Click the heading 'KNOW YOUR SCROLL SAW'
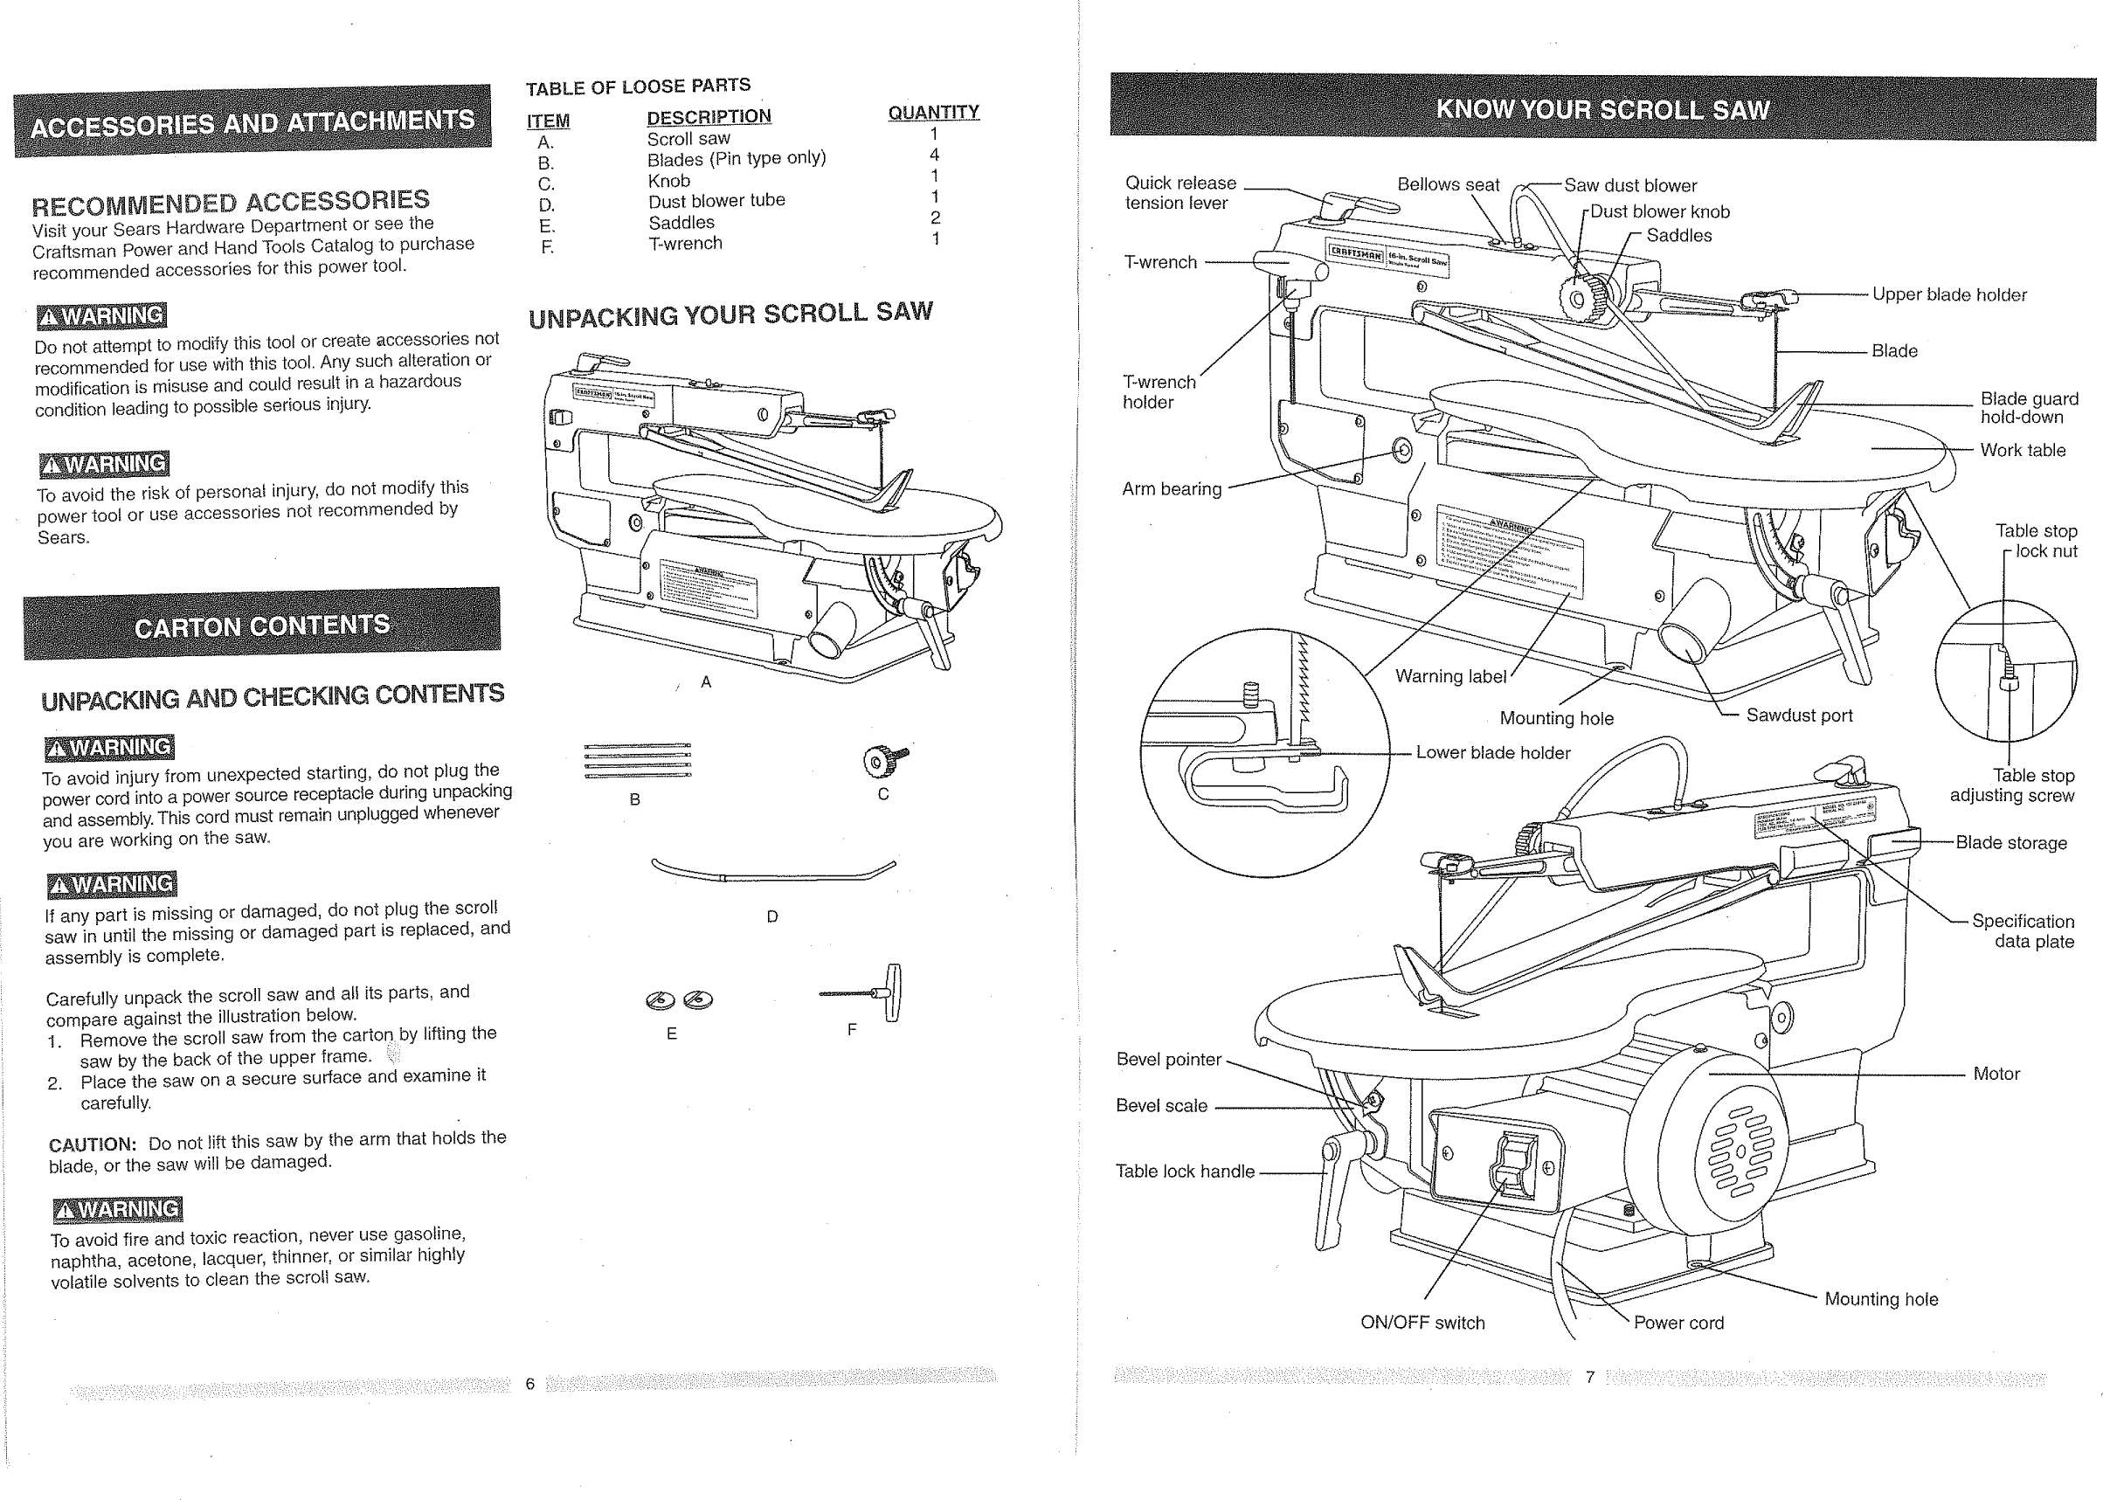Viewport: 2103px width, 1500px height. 1602,110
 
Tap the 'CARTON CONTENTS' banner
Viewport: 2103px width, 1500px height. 262,626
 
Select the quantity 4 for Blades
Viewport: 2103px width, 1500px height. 935,156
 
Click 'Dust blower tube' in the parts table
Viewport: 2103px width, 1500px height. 716,200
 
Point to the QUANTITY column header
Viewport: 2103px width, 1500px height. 933,113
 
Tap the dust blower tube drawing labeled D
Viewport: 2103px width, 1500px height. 772,871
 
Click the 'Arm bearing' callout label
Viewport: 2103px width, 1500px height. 1171,488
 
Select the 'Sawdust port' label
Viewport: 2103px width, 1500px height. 1798,715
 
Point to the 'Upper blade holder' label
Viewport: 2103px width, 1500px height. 1948,294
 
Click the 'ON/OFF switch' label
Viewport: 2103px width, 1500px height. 1422,1322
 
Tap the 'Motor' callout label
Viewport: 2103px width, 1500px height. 1996,1074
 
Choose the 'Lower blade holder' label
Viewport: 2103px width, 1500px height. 1492,753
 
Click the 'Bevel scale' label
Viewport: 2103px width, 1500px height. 1161,1106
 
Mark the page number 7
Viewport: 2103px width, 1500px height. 1589,1377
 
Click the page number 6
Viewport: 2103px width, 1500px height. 530,1384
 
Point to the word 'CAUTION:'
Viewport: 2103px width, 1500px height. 93,1144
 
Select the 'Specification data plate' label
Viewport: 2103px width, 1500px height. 2023,931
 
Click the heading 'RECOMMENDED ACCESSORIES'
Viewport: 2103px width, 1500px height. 231,201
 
